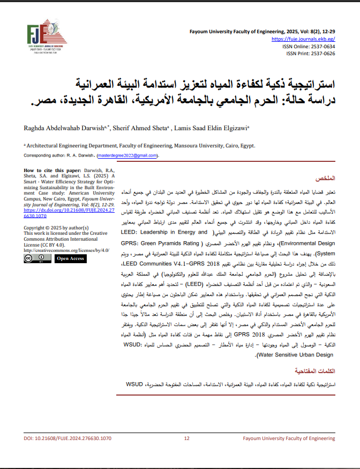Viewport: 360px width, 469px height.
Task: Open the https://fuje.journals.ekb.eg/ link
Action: tap(304, 39)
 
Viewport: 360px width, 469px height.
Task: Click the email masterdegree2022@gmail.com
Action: tap(127, 155)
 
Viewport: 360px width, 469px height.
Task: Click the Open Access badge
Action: tap(70, 258)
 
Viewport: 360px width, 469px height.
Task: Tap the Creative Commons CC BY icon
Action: tap(35, 258)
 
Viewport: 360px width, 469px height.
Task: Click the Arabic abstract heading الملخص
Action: tap(325, 177)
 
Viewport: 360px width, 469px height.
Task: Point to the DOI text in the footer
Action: tap(67, 438)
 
